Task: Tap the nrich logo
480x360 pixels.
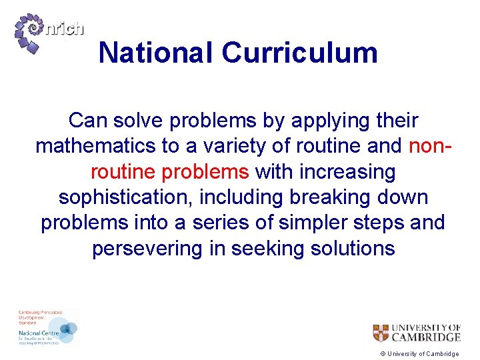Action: click(50, 34)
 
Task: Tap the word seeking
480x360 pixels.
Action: click(261, 249)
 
